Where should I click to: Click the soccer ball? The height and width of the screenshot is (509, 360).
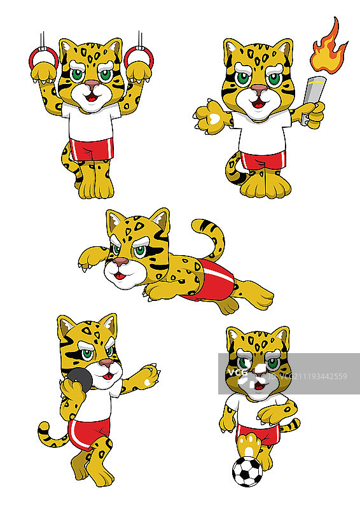point(247,471)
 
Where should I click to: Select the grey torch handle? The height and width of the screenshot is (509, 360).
point(311,99)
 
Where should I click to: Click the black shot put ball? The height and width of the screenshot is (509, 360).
point(80,379)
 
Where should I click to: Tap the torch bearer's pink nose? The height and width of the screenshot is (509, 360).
point(259,89)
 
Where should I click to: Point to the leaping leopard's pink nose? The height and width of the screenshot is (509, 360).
point(120,261)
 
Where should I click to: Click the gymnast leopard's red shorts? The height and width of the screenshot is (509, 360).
point(92,149)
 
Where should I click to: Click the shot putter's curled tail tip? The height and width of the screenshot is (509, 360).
point(43,428)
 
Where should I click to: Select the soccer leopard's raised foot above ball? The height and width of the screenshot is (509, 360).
point(249,445)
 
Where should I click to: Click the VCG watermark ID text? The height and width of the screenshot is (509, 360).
point(308,377)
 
